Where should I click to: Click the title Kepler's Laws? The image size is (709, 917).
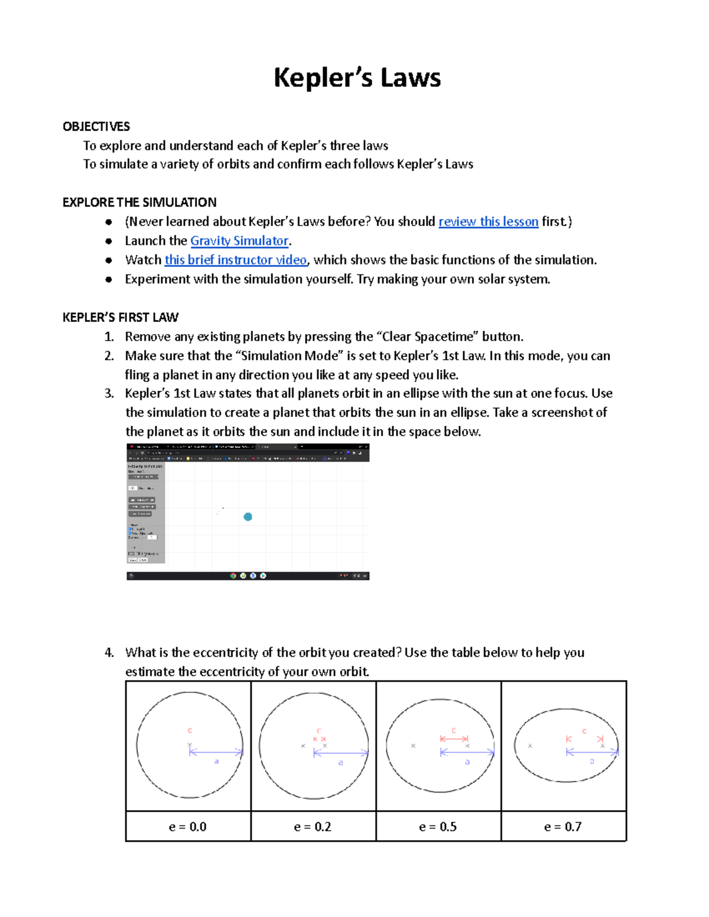pos(357,78)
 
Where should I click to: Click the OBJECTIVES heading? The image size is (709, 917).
pos(96,126)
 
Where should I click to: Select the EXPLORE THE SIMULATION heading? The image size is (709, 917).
pos(139,203)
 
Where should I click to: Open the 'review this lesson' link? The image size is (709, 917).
pos(488,221)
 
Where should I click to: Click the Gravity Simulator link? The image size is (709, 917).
pos(239,241)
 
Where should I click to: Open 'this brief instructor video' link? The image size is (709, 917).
pos(235,260)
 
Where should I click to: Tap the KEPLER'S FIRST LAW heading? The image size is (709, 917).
pos(120,318)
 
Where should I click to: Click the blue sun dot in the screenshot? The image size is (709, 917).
pos(248,517)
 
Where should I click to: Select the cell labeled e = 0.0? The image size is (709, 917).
pos(188,827)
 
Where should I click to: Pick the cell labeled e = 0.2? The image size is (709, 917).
pos(313,827)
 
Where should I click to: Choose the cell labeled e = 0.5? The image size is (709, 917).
pos(438,827)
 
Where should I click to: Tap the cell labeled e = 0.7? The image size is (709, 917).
pos(563,827)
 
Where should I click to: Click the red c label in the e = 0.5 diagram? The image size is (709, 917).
pos(454,730)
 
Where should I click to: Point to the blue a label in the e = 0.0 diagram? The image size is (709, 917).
pos(216,762)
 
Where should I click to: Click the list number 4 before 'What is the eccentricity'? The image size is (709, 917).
pos(109,652)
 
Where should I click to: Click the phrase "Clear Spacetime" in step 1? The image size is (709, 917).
pos(425,337)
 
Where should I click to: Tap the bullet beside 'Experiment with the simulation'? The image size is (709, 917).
pos(109,279)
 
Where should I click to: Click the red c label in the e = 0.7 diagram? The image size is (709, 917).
pos(584,731)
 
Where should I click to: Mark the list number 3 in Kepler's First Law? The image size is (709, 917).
pos(109,394)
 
